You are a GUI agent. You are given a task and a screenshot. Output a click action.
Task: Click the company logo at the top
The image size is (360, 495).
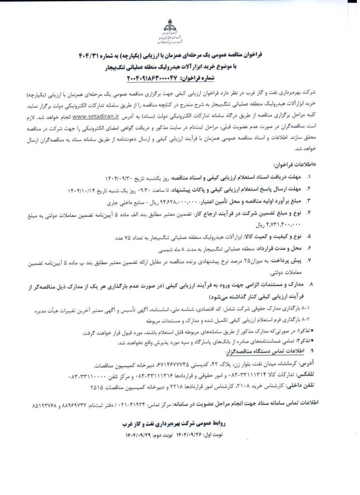tap(179, 30)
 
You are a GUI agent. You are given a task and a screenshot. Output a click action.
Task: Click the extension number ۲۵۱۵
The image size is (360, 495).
tap(96, 387)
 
